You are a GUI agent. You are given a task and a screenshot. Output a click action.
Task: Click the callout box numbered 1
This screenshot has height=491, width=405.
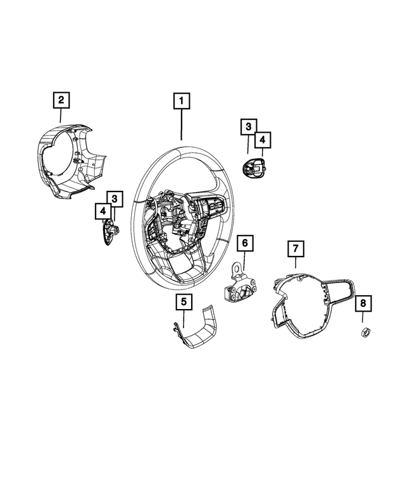pos(182,101)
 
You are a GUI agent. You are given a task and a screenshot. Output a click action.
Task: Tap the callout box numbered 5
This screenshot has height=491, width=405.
pos(184,303)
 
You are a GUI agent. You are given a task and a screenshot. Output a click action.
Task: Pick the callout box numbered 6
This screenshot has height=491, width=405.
pos(245,243)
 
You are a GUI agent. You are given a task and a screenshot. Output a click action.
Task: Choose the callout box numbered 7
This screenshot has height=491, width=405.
pos(295,249)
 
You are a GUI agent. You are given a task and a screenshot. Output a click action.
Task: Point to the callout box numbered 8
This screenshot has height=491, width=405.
pos(363,304)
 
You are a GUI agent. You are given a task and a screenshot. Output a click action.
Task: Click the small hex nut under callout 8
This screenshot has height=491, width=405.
pos(365,334)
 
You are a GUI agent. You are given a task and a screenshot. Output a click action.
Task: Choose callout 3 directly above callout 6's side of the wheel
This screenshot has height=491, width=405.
pos(248,128)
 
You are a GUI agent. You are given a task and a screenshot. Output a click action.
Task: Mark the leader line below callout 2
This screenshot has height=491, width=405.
pos(60,115)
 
